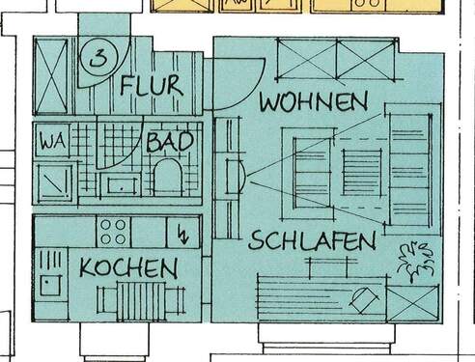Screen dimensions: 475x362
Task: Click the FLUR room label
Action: pos(152,85)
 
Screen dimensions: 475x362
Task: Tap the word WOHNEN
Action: pos(313,100)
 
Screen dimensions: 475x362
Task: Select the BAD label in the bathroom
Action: pos(169,142)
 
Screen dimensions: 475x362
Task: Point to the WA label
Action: pos(50,142)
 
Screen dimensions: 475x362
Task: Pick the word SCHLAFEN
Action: pos(311,241)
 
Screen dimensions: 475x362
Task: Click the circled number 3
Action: pos(98,58)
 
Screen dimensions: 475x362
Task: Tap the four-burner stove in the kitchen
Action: pos(113,232)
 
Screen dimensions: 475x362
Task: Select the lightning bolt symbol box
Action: pos(182,233)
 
